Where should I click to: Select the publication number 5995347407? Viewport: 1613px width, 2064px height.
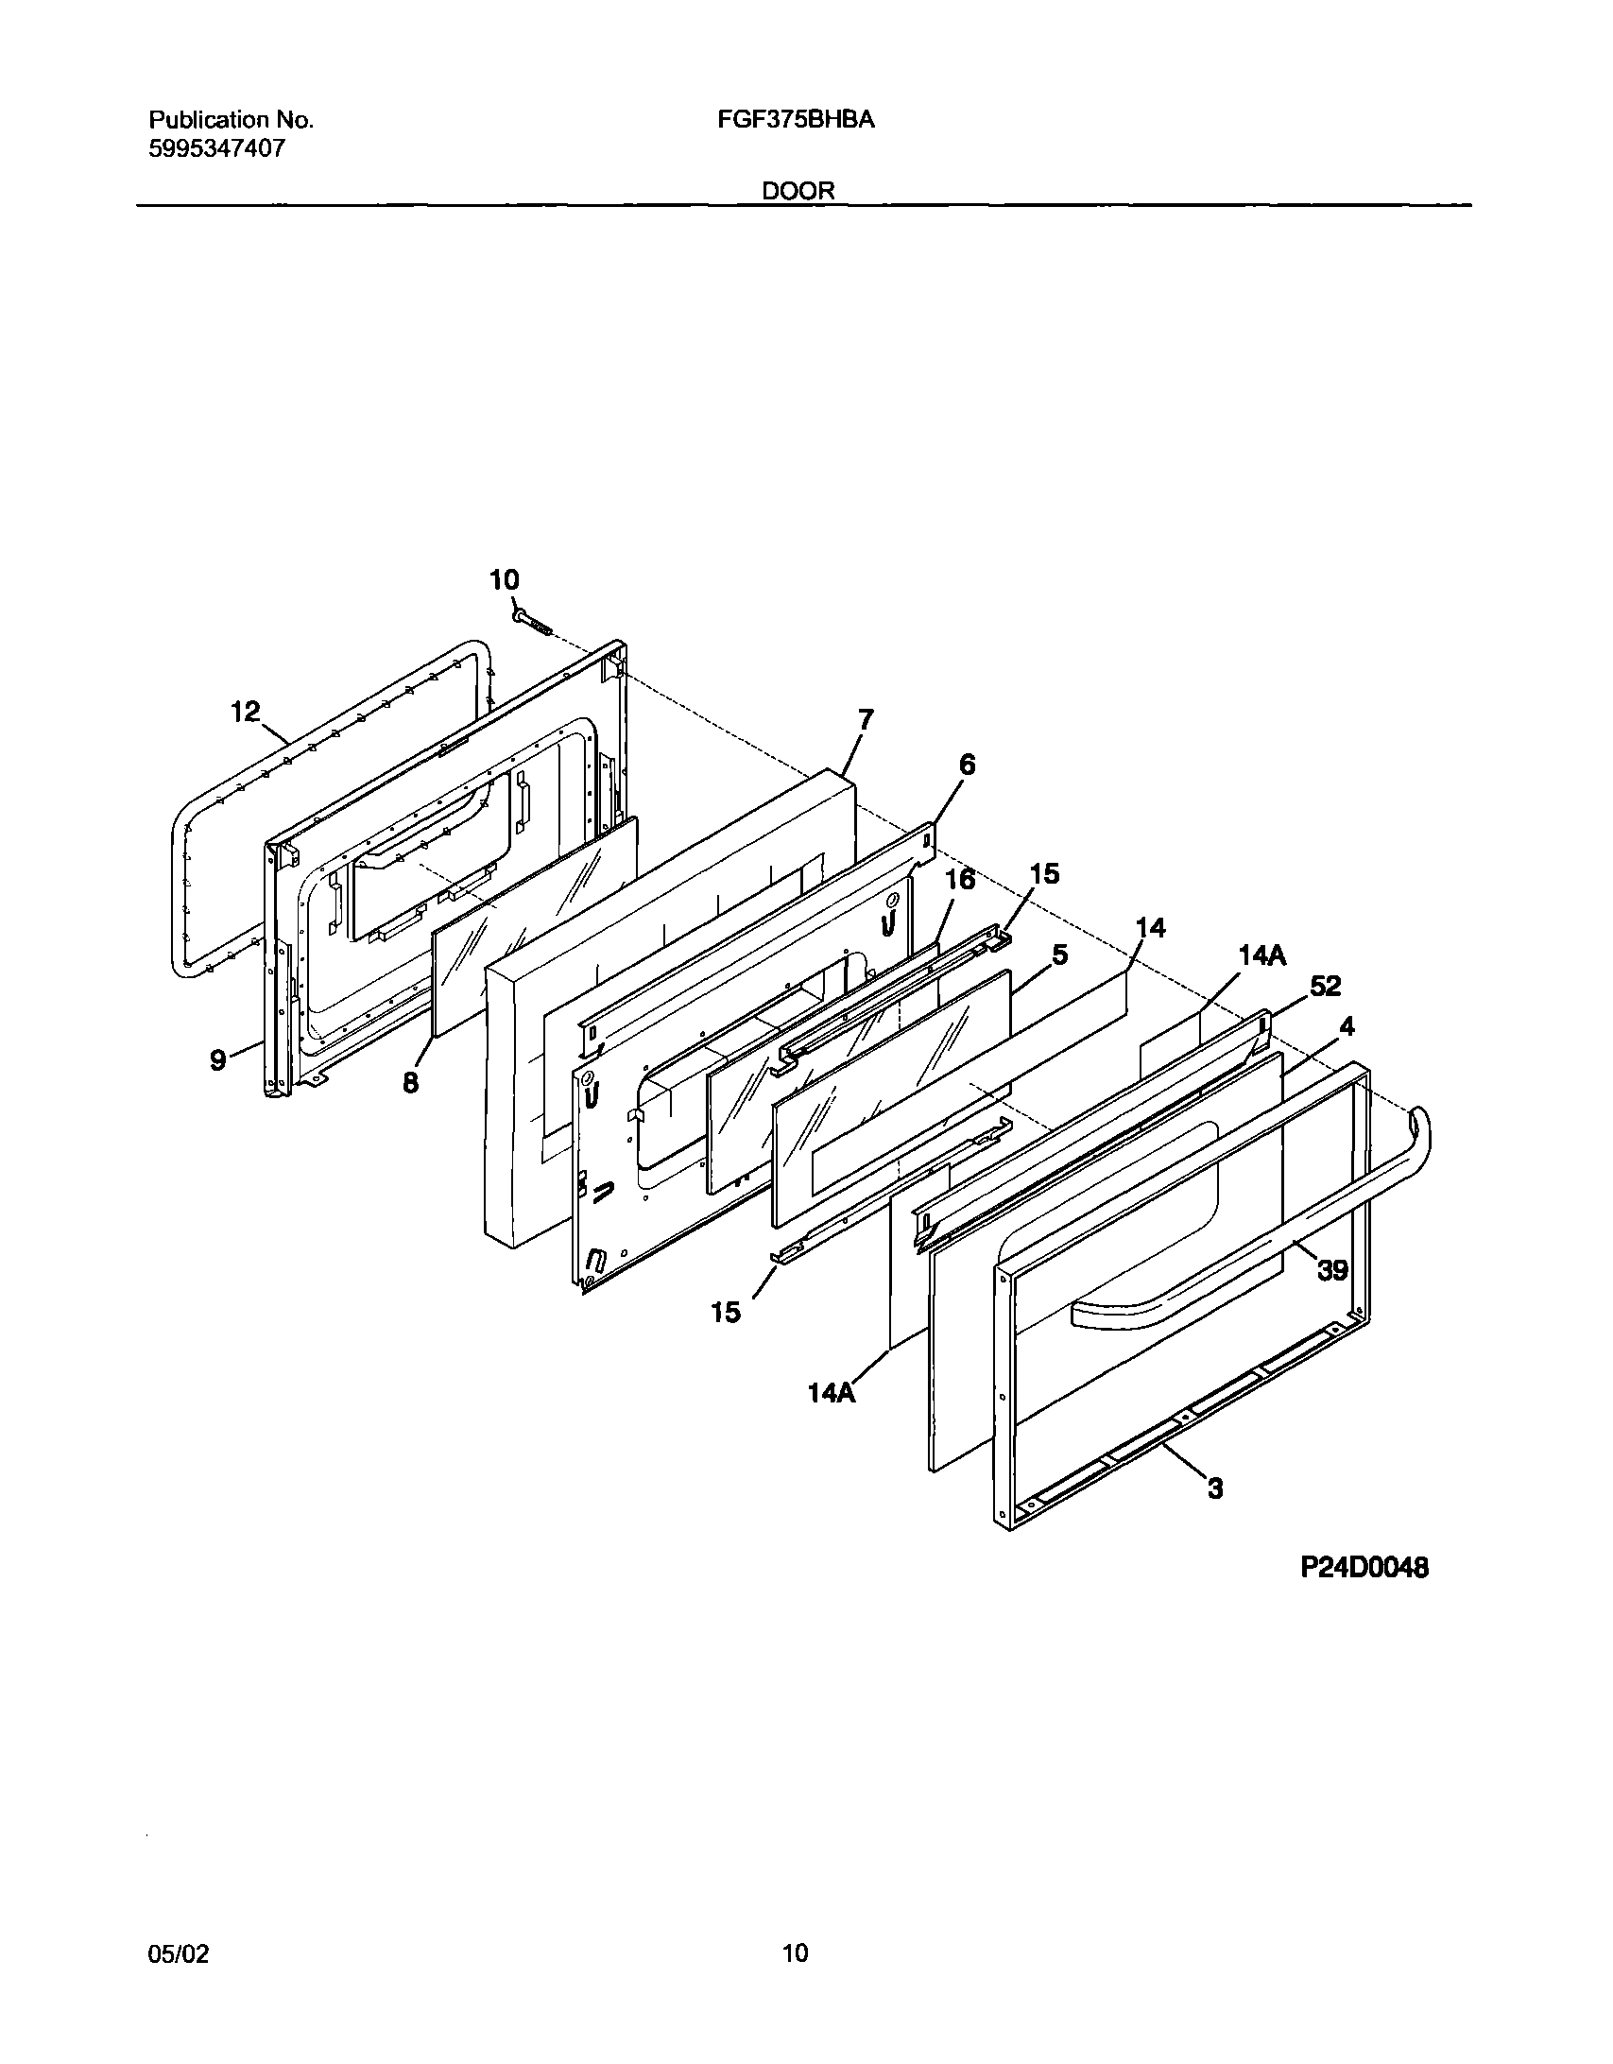(x=216, y=148)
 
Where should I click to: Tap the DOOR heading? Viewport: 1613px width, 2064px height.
(x=798, y=191)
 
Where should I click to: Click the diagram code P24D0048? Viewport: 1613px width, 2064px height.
(x=1364, y=1568)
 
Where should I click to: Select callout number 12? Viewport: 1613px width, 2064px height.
(x=246, y=712)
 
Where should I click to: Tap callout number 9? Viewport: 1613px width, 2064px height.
(x=218, y=1060)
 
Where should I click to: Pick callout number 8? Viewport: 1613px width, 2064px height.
(x=410, y=1083)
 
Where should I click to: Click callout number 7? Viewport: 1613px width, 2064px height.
(x=866, y=720)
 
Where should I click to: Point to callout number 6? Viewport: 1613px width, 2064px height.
(x=967, y=765)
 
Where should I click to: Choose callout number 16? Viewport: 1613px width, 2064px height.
(x=960, y=880)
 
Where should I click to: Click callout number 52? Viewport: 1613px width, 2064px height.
(x=1325, y=986)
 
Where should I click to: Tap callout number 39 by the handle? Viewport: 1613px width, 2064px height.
(x=1332, y=1271)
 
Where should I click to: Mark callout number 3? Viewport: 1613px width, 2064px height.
(x=1215, y=1488)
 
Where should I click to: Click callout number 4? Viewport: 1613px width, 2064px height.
(x=1347, y=1026)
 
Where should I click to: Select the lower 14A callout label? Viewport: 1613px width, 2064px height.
(x=832, y=1419)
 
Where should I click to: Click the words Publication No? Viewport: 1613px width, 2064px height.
(x=231, y=120)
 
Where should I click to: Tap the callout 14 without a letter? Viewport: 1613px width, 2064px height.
(x=1150, y=928)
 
